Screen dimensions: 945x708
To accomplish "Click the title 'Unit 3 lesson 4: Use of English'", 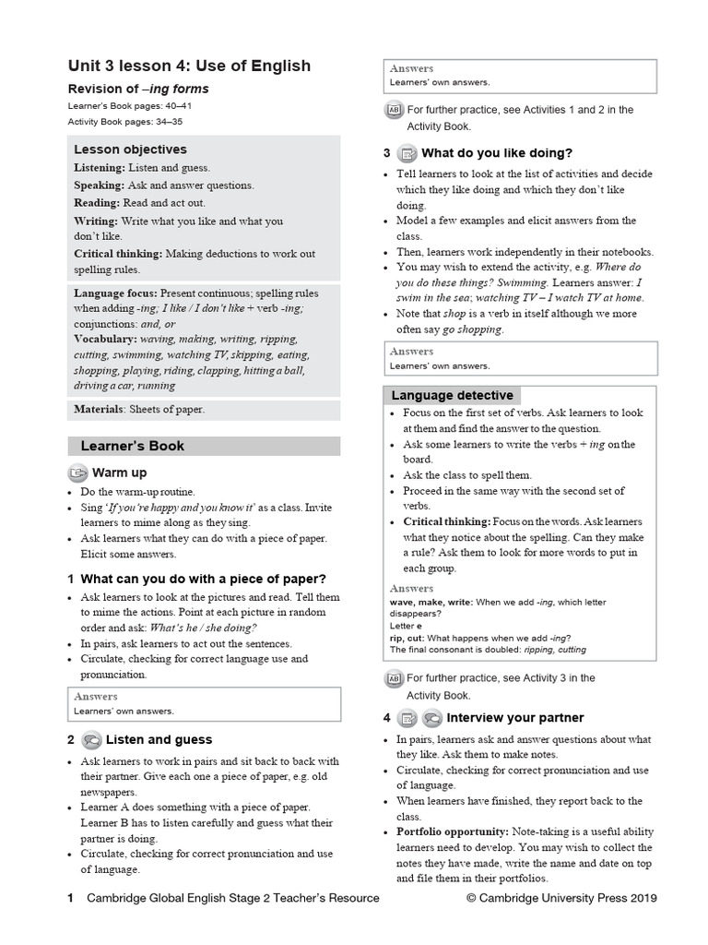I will pyautogui.click(x=189, y=66).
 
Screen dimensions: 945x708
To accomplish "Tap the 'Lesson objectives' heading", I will pyautogui.click(x=130, y=150).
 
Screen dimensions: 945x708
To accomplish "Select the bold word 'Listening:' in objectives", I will pyautogui.click(x=100, y=168).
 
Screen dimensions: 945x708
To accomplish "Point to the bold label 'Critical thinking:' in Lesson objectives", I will pyautogui.click(x=118, y=253).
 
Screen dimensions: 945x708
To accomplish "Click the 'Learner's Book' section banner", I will pyautogui.click(x=133, y=446).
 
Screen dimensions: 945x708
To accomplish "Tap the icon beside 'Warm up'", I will pyautogui.click(x=77, y=473).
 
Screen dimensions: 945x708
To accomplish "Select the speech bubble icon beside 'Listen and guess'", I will pyautogui.click(x=91, y=739).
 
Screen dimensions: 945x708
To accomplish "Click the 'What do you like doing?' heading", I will pyautogui.click(x=497, y=153).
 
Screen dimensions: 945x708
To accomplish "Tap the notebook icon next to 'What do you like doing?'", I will pyautogui.click(x=407, y=153).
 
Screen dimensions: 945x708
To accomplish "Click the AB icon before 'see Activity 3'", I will pyautogui.click(x=394, y=678).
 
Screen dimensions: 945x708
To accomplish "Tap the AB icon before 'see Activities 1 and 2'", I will pyautogui.click(x=394, y=111).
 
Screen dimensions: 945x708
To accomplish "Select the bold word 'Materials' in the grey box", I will pyautogui.click(x=97, y=410).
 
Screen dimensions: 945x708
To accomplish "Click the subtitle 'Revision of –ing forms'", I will pyautogui.click(x=138, y=90).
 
